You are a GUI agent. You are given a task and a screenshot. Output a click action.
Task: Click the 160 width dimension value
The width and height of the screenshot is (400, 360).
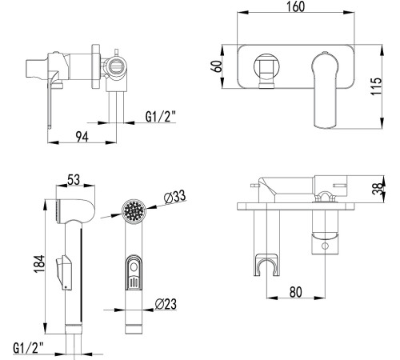click(295, 6)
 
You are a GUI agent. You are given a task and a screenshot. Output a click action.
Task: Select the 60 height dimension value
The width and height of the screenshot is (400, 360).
click(218, 66)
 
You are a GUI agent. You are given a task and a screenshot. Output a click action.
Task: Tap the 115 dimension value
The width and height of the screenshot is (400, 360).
click(376, 86)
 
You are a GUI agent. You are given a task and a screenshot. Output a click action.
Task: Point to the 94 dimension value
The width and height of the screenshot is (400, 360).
click(82, 137)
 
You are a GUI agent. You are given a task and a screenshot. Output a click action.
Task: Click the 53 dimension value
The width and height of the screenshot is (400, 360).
click(74, 179)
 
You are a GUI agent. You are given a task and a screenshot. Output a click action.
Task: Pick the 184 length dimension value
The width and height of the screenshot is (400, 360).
click(39, 264)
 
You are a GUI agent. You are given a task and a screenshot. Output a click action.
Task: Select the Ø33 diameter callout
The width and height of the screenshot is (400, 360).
click(174, 197)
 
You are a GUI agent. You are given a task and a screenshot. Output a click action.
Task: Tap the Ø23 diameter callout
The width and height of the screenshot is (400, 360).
click(166, 304)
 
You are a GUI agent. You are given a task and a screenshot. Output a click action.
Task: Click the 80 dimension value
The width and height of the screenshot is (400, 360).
click(296, 292)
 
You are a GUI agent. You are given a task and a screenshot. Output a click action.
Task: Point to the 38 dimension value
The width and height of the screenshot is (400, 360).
click(378, 189)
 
